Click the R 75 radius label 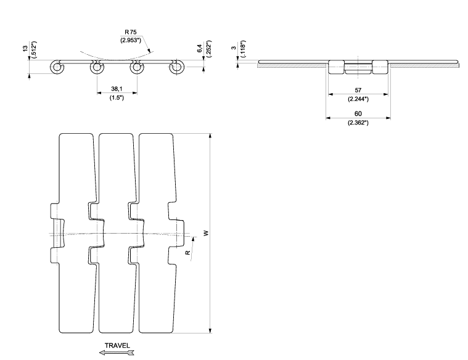pos(131,32)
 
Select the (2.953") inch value pos(131,39)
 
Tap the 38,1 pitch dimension pos(117,89)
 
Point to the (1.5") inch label pos(117,97)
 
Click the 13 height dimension pos(25,47)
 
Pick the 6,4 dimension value pos(200,48)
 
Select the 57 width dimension pos(358,90)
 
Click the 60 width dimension pos(358,113)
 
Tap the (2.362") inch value pos(358,123)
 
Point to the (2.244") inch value pos(358,99)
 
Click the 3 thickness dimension pos(234,47)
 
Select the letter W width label pos(206,233)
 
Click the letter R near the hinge pos(187,253)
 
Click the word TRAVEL pos(117,345)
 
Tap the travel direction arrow pos(117,353)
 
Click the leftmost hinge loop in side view pos(56,67)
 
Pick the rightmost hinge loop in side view pos(177,67)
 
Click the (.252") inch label pos(208,48)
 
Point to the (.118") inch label pos(244,48)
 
